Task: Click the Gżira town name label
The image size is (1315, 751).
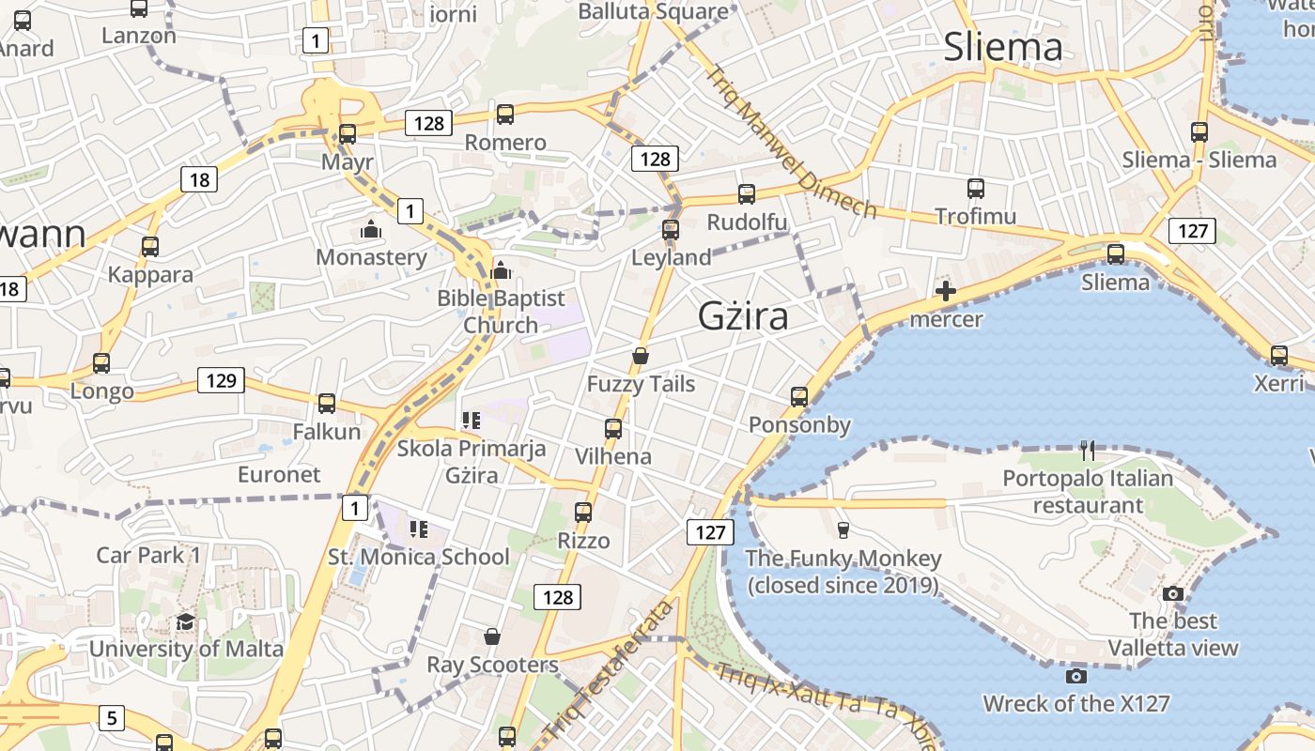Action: pos(743,316)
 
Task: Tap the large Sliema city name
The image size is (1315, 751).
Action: pos(1003,46)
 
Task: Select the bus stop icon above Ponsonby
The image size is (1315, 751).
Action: pos(799,397)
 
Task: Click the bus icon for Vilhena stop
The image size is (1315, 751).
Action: pos(613,429)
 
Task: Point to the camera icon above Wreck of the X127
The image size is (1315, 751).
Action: pos(1076,676)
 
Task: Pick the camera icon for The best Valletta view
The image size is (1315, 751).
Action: pos(1172,593)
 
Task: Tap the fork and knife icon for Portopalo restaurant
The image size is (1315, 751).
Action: pos(1088,451)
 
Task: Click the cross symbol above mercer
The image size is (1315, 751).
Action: pos(946,291)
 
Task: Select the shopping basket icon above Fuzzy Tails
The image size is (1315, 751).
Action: pos(641,356)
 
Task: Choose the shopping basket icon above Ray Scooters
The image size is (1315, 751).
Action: pos(492,637)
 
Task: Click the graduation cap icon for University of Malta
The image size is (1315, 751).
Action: pos(186,622)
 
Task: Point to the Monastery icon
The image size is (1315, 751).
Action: pos(371,230)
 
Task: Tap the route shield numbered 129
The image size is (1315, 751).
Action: pos(221,380)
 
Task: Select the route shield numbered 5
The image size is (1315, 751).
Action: pos(111,719)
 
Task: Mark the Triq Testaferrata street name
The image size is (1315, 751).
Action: pos(609,671)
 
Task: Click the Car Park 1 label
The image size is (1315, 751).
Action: pos(148,555)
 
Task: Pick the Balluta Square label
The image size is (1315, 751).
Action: pos(653,11)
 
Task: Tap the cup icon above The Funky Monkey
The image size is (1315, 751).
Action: pos(843,530)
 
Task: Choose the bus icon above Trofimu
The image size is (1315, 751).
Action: pos(976,189)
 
